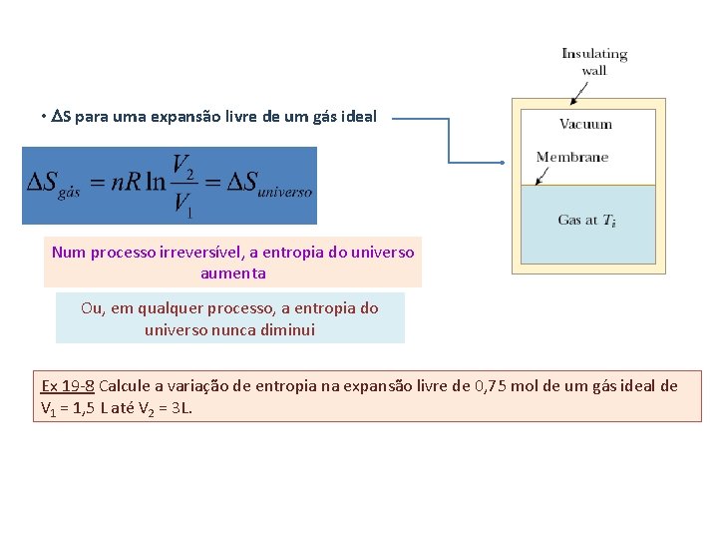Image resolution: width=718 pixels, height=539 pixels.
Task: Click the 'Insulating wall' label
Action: (594, 62)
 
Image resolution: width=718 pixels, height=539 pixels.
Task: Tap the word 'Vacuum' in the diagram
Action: (585, 125)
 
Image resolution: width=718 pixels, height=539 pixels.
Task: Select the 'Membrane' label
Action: (571, 157)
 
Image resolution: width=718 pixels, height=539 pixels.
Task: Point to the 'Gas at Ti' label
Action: (586, 221)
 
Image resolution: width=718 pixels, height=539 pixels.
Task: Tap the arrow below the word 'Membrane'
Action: (543, 176)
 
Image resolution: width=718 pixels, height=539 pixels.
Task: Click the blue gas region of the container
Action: (588, 240)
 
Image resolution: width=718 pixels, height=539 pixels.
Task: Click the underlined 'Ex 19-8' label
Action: (68, 386)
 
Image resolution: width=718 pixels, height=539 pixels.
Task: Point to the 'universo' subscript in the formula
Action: (285, 193)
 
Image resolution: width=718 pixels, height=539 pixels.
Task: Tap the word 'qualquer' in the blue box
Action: (175, 308)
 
